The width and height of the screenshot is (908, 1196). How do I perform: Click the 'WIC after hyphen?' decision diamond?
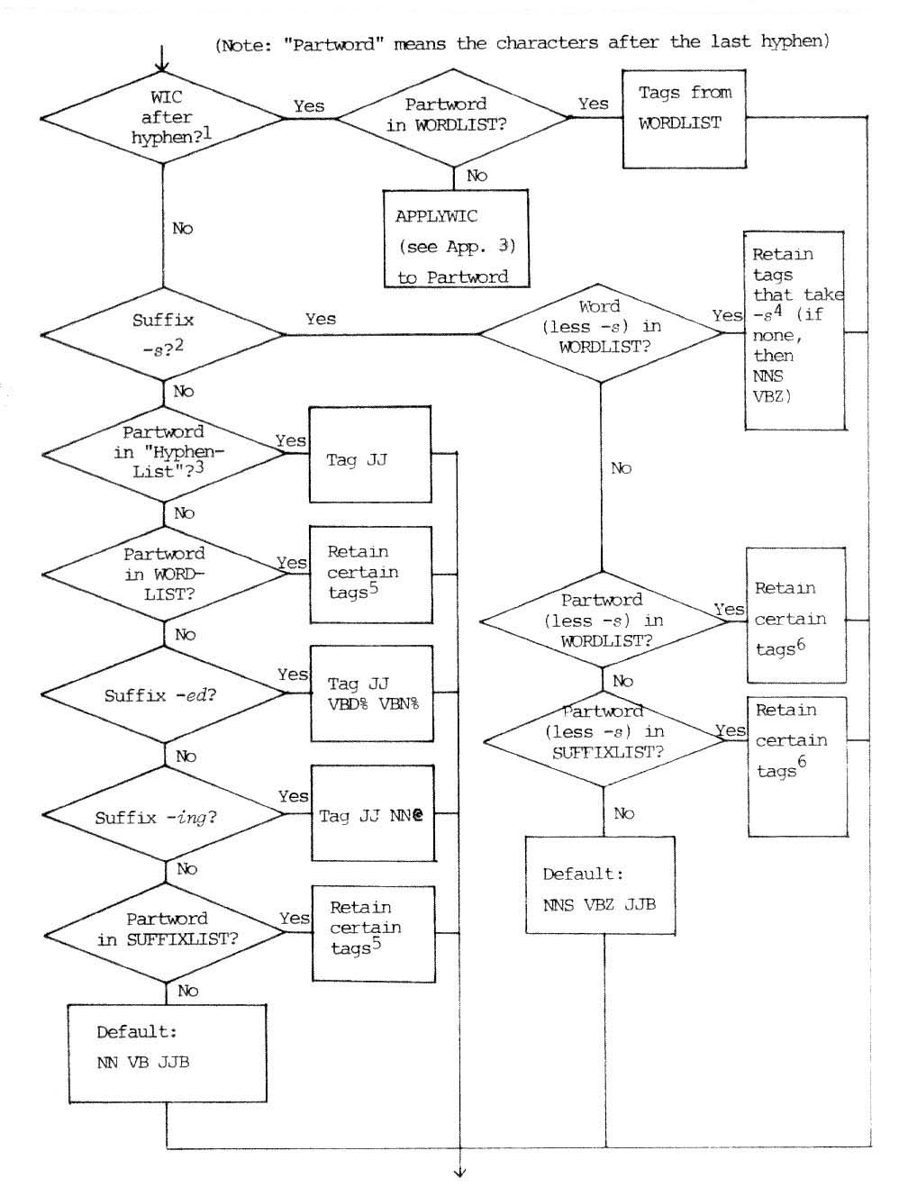(163, 118)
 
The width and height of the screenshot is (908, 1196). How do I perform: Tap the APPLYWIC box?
(455, 239)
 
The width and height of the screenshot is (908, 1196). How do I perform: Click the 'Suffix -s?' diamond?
(163, 334)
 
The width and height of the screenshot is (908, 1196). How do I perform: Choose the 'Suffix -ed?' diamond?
(164, 694)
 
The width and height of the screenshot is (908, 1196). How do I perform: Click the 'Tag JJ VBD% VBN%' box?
(371, 693)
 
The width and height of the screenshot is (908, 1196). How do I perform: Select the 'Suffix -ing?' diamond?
(164, 816)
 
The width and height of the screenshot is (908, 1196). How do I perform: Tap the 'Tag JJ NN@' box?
(372, 814)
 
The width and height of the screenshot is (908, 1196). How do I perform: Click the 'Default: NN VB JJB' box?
(168, 1053)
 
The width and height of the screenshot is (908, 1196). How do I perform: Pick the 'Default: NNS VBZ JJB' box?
(600, 885)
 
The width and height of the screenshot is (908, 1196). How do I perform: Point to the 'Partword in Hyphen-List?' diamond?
(163, 451)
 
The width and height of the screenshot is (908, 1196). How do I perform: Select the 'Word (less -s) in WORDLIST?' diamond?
(601, 333)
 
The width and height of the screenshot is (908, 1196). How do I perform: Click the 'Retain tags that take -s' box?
(794, 331)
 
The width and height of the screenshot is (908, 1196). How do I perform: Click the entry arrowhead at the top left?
(162, 67)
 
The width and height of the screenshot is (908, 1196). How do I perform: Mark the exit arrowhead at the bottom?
(460, 1172)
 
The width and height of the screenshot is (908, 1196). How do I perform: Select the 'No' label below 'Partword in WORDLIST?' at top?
(477, 176)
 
